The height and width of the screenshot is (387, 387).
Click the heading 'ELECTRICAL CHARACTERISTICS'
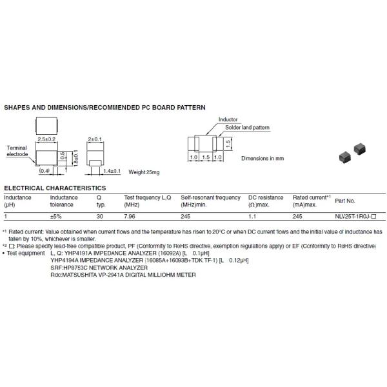click(x=55, y=188)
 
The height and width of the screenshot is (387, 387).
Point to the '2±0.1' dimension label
click(x=94, y=139)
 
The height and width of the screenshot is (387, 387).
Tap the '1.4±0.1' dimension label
click(x=112, y=172)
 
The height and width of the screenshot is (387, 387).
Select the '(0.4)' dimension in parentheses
click(x=44, y=172)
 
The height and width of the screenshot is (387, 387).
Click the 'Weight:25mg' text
click(x=143, y=172)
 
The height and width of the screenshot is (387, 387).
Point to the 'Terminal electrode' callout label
click(x=17, y=151)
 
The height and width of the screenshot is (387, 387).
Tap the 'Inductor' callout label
click(x=228, y=120)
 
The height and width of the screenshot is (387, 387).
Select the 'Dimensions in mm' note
click(x=263, y=158)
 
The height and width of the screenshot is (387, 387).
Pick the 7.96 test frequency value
click(x=130, y=217)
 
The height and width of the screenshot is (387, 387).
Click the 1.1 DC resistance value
click(x=252, y=217)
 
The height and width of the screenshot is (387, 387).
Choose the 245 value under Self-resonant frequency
click(x=186, y=217)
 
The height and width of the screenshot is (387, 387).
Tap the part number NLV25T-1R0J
click(x=355, y=217)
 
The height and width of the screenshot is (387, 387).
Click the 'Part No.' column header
click(x=345, y=201)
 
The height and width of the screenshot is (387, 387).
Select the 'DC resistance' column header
click(x=266, y=197)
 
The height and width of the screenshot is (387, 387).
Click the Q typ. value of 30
click(x=99, y=217)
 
